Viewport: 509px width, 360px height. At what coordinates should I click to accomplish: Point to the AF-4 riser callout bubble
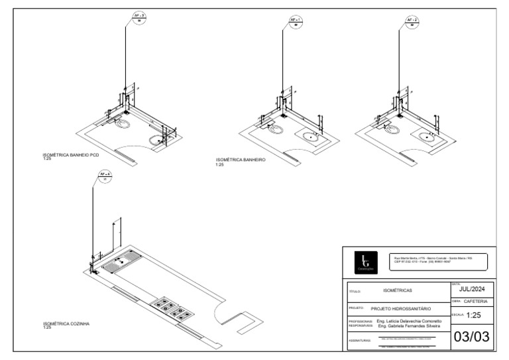(x=105, y=176)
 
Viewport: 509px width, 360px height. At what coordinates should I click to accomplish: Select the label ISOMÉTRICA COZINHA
(x=66, y=324)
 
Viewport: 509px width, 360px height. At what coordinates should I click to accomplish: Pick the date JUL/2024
(x=471, y=289)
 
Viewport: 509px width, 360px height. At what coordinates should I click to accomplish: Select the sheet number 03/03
(x=471, y=337)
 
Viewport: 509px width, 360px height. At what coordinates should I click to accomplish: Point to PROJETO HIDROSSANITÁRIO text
(x=401, y=309)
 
